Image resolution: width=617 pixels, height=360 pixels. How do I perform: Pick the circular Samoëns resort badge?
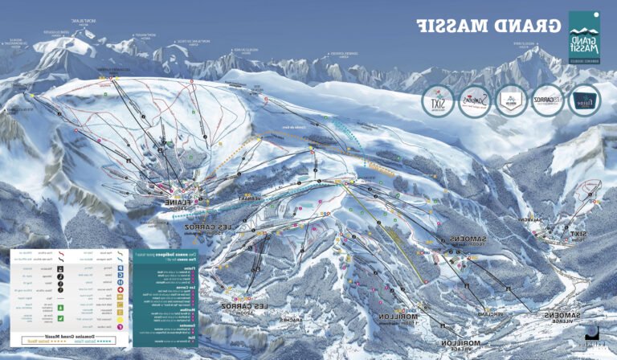(x=473, y=101)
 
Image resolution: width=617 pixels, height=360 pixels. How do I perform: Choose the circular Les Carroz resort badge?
(x=548, y=100)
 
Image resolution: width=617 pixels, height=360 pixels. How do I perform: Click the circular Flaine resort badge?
(x=584, y=100)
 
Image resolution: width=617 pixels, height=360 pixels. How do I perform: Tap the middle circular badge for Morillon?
(x=511, y=101)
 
